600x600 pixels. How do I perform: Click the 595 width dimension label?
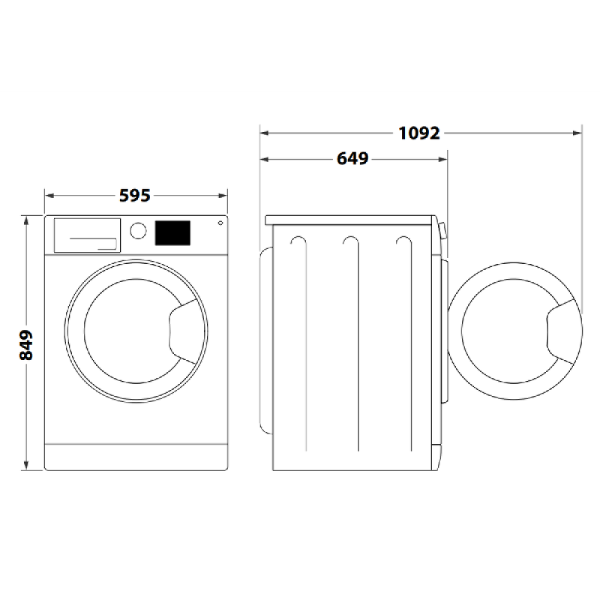point(135,196)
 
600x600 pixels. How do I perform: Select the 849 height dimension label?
point(26,345)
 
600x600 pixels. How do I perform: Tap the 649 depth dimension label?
point(352,158)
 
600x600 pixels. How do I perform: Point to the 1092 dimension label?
point(419,133)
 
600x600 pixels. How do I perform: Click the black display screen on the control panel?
point(172,232)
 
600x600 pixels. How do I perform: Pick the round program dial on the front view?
point(138,231)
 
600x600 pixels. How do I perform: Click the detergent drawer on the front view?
point(87,235)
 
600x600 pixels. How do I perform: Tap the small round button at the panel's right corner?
point(220,223)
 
